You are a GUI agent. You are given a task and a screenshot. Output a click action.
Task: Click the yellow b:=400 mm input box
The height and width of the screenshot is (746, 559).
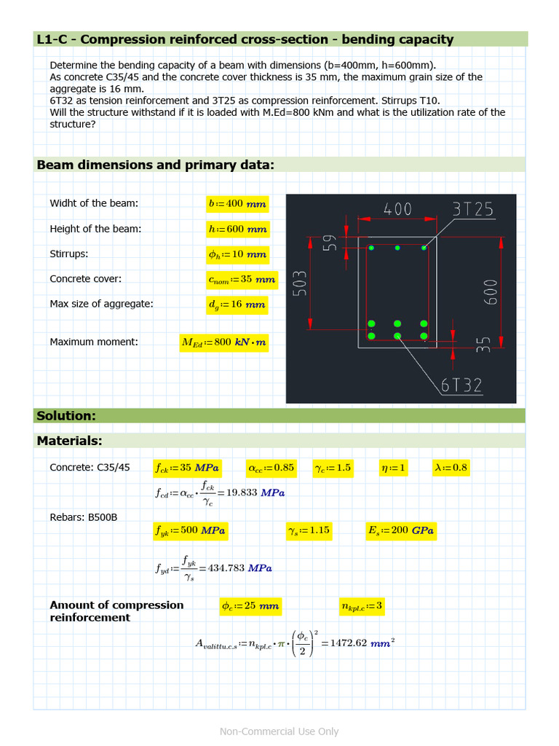pyautogui.click(x=237, y=204)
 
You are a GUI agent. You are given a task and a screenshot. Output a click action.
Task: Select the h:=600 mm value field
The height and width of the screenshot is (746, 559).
pyautogui.click(x=237, y=229)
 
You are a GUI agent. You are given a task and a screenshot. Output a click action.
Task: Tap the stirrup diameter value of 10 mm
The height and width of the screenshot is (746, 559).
pyautogui.click(x=237, y=255)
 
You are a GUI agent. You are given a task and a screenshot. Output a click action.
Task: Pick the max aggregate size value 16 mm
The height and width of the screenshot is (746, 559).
pyautogui.click(x=237, y=305)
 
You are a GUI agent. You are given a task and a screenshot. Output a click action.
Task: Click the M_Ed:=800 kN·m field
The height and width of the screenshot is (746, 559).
pyautogui.click(x=224, y=342)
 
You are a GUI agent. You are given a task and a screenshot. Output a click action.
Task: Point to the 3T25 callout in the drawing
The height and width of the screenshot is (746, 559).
pyautogui.click(x=472, y=210)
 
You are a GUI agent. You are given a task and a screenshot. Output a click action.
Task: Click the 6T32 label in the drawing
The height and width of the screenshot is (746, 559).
pyautogui.click(x=461, y=385)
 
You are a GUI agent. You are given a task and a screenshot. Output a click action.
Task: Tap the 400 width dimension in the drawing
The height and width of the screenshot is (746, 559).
pyautogui.click(x=397, y=210)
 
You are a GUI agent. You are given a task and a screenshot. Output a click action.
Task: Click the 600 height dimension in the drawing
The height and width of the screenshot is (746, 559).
pyautogui.click(x=491, y=291)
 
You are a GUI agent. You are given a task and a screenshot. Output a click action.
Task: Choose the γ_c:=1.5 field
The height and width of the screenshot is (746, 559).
pyautogui.click(x=333, y=468)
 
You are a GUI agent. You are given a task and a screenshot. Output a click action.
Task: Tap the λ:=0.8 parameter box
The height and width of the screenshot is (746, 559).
pyautogui.click(x=451, y=468)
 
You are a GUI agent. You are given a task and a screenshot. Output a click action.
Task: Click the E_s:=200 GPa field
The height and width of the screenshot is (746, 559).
pyautogui.click(x=401, y=531)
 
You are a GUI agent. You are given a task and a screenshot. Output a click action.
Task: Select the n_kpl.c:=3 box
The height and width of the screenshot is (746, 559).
pyautogui.click(x=362, y=606)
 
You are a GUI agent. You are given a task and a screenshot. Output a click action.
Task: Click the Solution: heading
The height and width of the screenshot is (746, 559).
pyautogui.click(x=66, y=416)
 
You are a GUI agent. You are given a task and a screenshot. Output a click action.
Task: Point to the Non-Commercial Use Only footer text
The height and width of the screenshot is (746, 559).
pyautogui.click(x=279, y=731)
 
